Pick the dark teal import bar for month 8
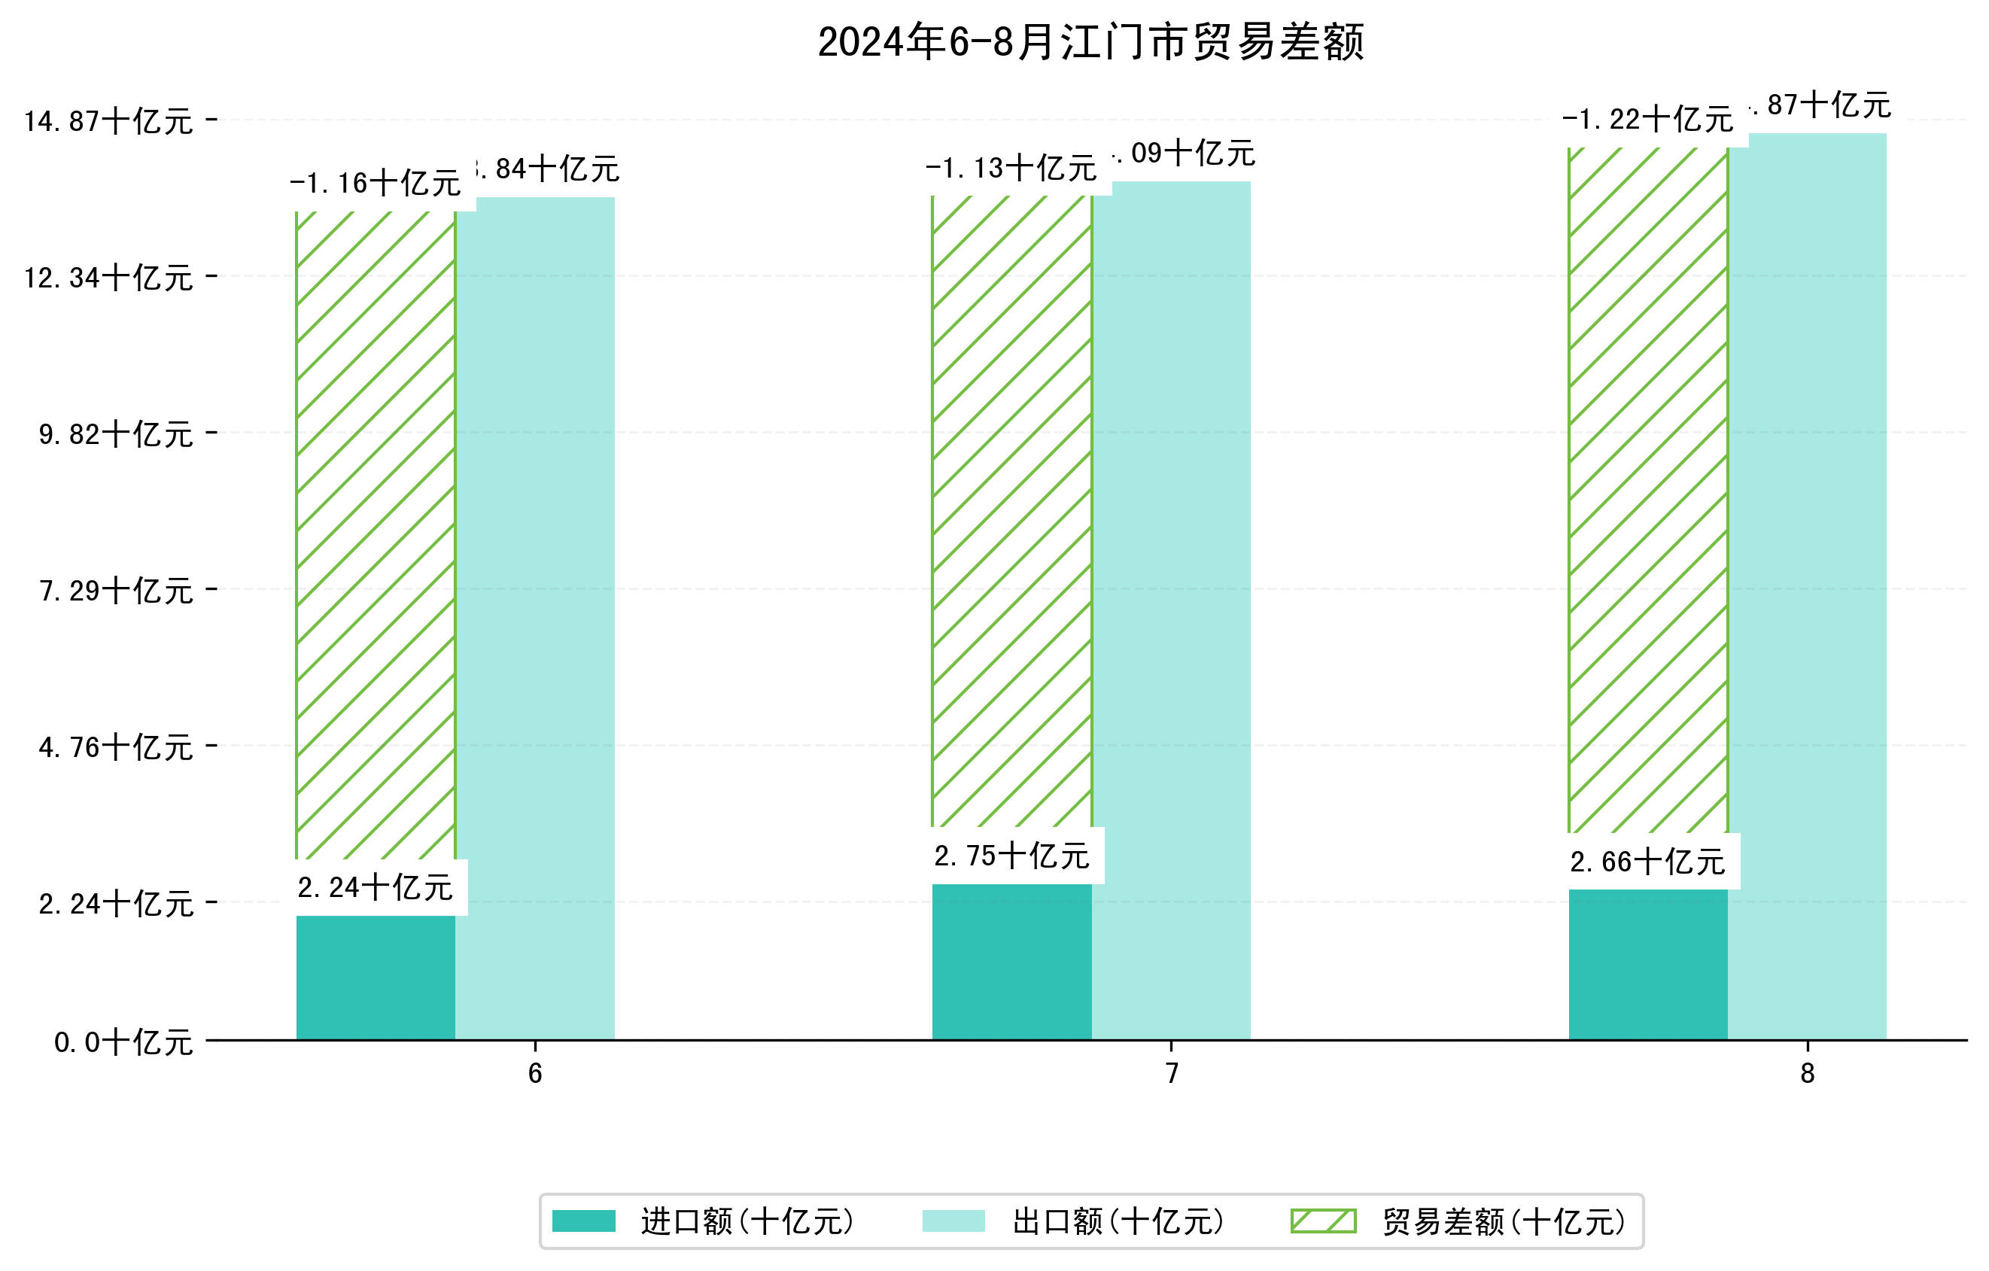coord(1647,964)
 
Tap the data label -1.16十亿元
coord(375,184)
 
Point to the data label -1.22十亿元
coord(1647,120)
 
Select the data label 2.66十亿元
coord(1647,862)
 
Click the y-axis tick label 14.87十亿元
coord(108,121)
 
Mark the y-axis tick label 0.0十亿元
coord(123,1042)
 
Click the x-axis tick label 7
coord(1170,1074)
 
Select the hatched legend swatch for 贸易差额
coord(1323,1221)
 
